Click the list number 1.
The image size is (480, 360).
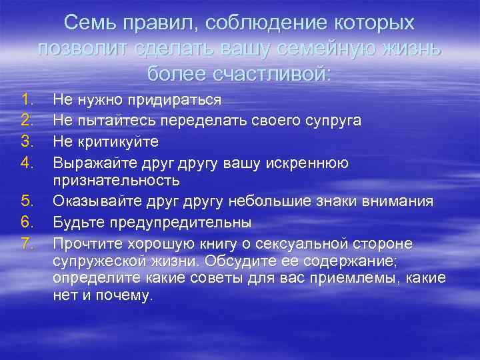click(x=27, y=100)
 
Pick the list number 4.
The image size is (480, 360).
click(x=27, y=161)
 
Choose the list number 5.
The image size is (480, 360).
click(x=27, y=201)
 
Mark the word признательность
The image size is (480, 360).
click(x=117, y=181)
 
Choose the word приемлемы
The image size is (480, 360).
click(x=362, y=277)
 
